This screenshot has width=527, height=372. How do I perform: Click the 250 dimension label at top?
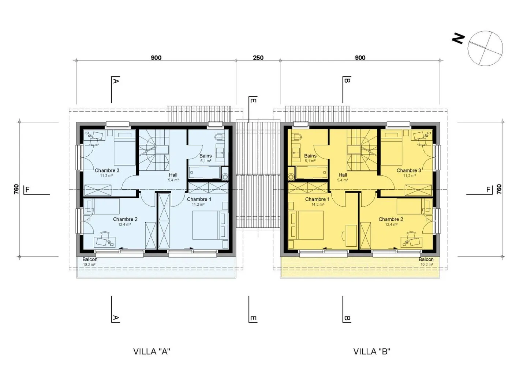(258, 57)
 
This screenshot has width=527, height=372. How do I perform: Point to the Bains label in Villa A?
(205, 156)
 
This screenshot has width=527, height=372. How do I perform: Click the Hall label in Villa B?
(343, 175)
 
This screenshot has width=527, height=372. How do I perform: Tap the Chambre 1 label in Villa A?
(199, 199)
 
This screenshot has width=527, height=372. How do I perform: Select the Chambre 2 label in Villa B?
(391, 219)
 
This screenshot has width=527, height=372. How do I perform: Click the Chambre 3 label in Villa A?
(107, 170)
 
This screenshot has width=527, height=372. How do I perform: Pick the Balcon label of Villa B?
(426, 259)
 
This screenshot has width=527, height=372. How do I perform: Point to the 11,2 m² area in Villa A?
(106, 176)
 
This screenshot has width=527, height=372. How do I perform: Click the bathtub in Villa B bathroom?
(312, 172)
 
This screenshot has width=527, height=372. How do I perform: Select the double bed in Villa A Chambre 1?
(210, 225)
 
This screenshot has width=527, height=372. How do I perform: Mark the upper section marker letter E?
(254, 100)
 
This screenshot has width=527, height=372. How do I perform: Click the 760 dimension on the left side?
(16, 189)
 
